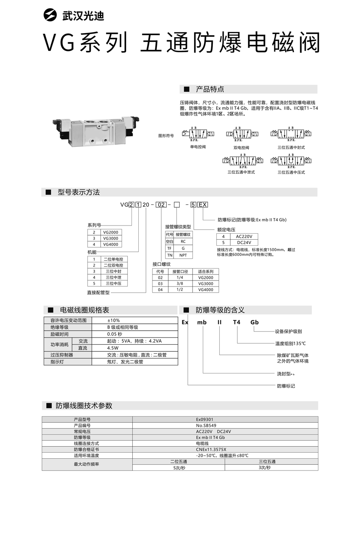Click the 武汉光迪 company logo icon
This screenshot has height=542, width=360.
51,15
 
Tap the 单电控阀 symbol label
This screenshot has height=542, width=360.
198,147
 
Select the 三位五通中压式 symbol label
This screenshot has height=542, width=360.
291,172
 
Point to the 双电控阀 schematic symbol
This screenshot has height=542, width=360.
241,134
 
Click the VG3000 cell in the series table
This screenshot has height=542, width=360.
110,238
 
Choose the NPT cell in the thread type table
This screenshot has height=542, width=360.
183,255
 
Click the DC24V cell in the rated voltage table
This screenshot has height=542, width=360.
244,242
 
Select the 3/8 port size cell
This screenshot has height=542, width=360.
180,283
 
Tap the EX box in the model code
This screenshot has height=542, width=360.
203,205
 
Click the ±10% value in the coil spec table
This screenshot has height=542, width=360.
113,320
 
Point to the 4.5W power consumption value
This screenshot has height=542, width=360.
113,348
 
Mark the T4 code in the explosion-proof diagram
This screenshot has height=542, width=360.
236,322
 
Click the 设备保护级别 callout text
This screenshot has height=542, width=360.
288,331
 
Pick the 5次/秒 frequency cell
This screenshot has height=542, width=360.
179,468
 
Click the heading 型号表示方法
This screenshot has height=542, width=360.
78,192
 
